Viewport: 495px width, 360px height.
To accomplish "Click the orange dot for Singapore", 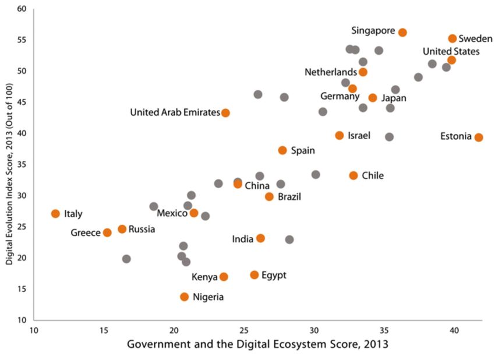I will point(402,33).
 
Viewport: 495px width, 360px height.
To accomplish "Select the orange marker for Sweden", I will point(452,38).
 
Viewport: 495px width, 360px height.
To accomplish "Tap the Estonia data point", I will point(479,137).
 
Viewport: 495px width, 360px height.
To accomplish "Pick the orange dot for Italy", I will point(55,214).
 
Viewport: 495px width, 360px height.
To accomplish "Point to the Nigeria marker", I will point(185,297).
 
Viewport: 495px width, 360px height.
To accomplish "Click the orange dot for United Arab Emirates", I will point(225,113).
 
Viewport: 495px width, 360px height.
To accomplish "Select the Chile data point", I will point(353,175).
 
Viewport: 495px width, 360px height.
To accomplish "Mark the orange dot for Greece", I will point(107,233).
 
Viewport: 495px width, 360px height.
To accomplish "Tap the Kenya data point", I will point(224,277).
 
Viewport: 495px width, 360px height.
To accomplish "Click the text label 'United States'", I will point(451,51).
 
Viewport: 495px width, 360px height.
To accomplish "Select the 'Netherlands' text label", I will point(330,72).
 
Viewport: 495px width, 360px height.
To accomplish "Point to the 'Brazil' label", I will point(289,197).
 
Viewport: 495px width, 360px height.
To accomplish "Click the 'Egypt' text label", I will point(274,275).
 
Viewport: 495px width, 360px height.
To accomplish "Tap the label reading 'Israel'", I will point(359,135).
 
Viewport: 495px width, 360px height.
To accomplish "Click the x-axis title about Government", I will point(257,344).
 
